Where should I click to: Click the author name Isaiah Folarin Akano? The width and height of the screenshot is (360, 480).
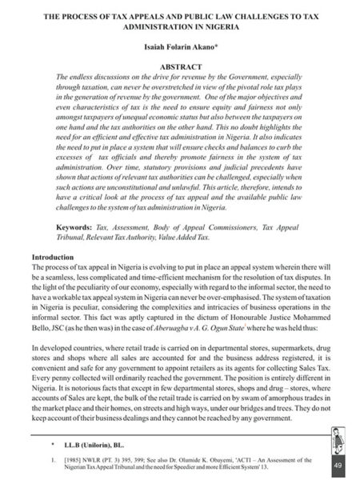[180, 47]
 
